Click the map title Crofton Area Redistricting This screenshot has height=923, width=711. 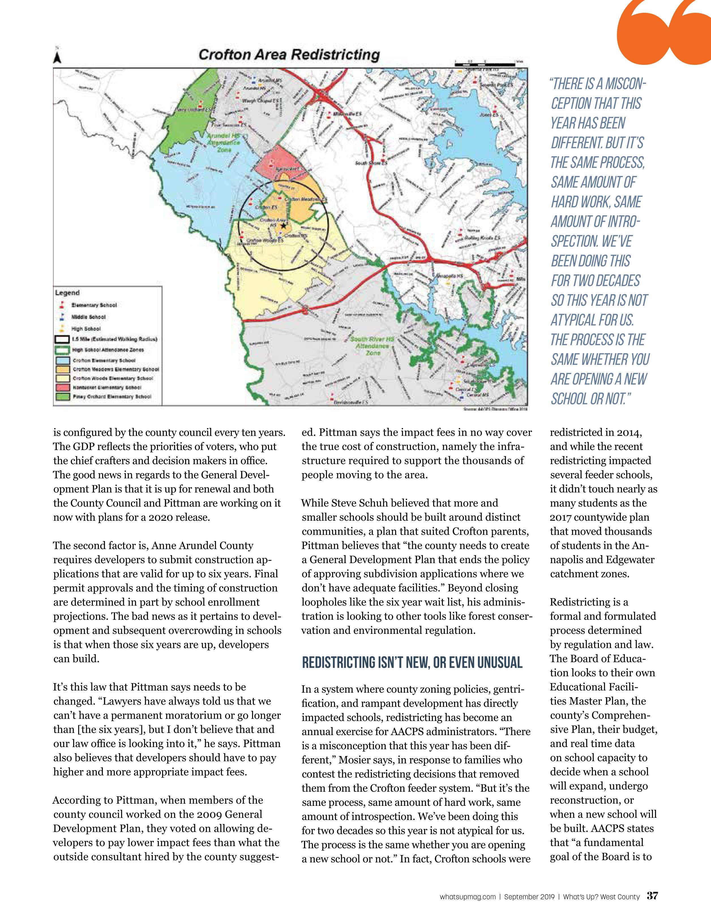(x=289, y=55)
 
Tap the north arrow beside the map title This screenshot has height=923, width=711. (x=57, y=58)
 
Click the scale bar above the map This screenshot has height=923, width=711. (x=485, y=64)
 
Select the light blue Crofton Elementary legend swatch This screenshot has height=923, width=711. (x=63, y=360)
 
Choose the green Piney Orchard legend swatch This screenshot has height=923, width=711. (x=63, y=397)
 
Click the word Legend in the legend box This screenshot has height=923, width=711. (x=67, y=293)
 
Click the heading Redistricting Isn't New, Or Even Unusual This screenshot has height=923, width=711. (x=412, y=662)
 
